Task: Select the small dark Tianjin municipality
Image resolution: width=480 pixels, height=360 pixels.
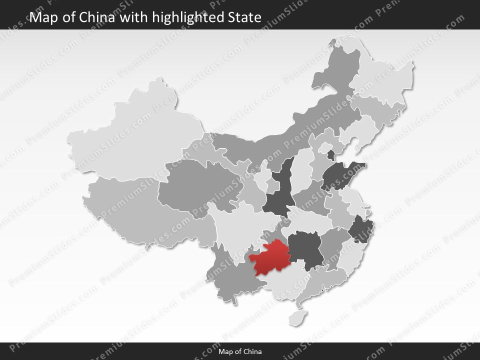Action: [x=330, y=154]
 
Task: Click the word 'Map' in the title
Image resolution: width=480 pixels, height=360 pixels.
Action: [x=42, y=17]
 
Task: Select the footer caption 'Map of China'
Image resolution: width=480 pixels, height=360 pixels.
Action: [x=240, y=351]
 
